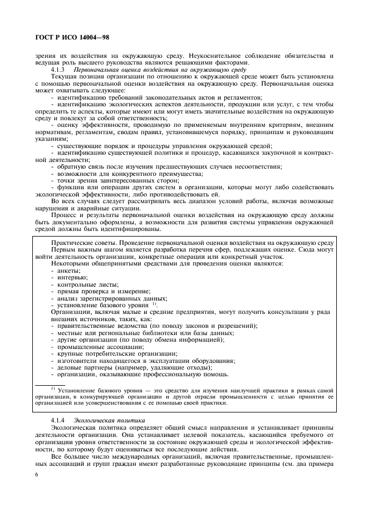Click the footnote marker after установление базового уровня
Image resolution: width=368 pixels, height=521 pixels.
pyautogui.click(x=154, y=303)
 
